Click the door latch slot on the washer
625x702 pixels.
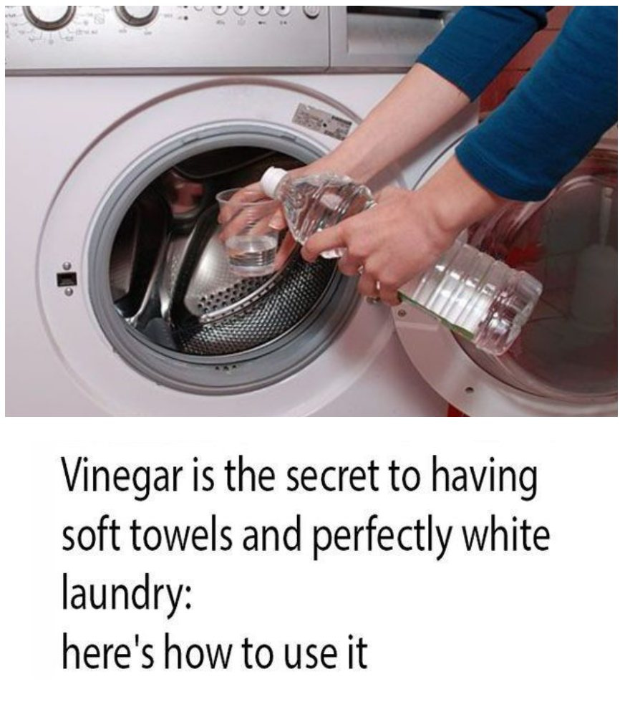pyautogui.click(x=67, y=279)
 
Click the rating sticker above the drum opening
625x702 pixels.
pyautogui.click(x=321, y=121)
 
